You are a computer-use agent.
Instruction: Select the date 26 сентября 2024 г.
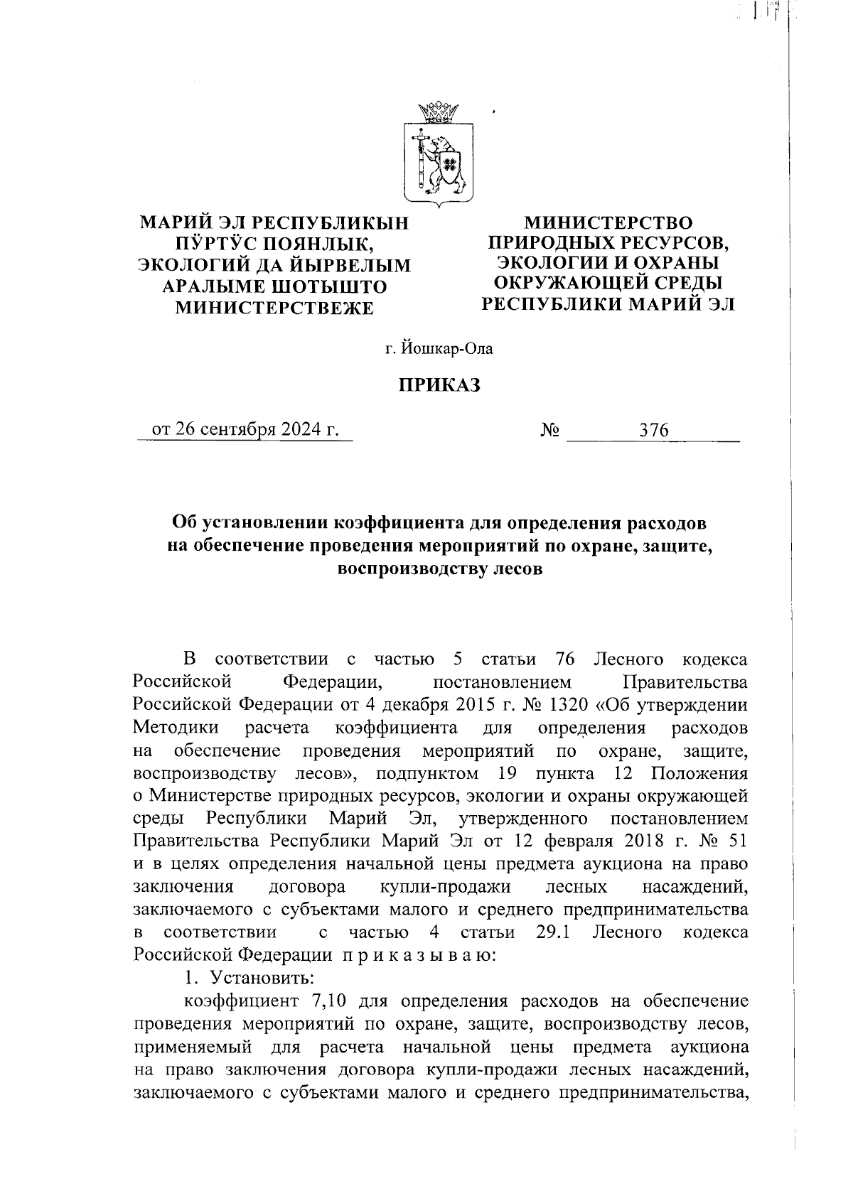point(244,431)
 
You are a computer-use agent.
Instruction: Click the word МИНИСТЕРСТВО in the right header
point(608,222)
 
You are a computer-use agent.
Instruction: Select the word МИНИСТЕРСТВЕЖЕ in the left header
point(274,308)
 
